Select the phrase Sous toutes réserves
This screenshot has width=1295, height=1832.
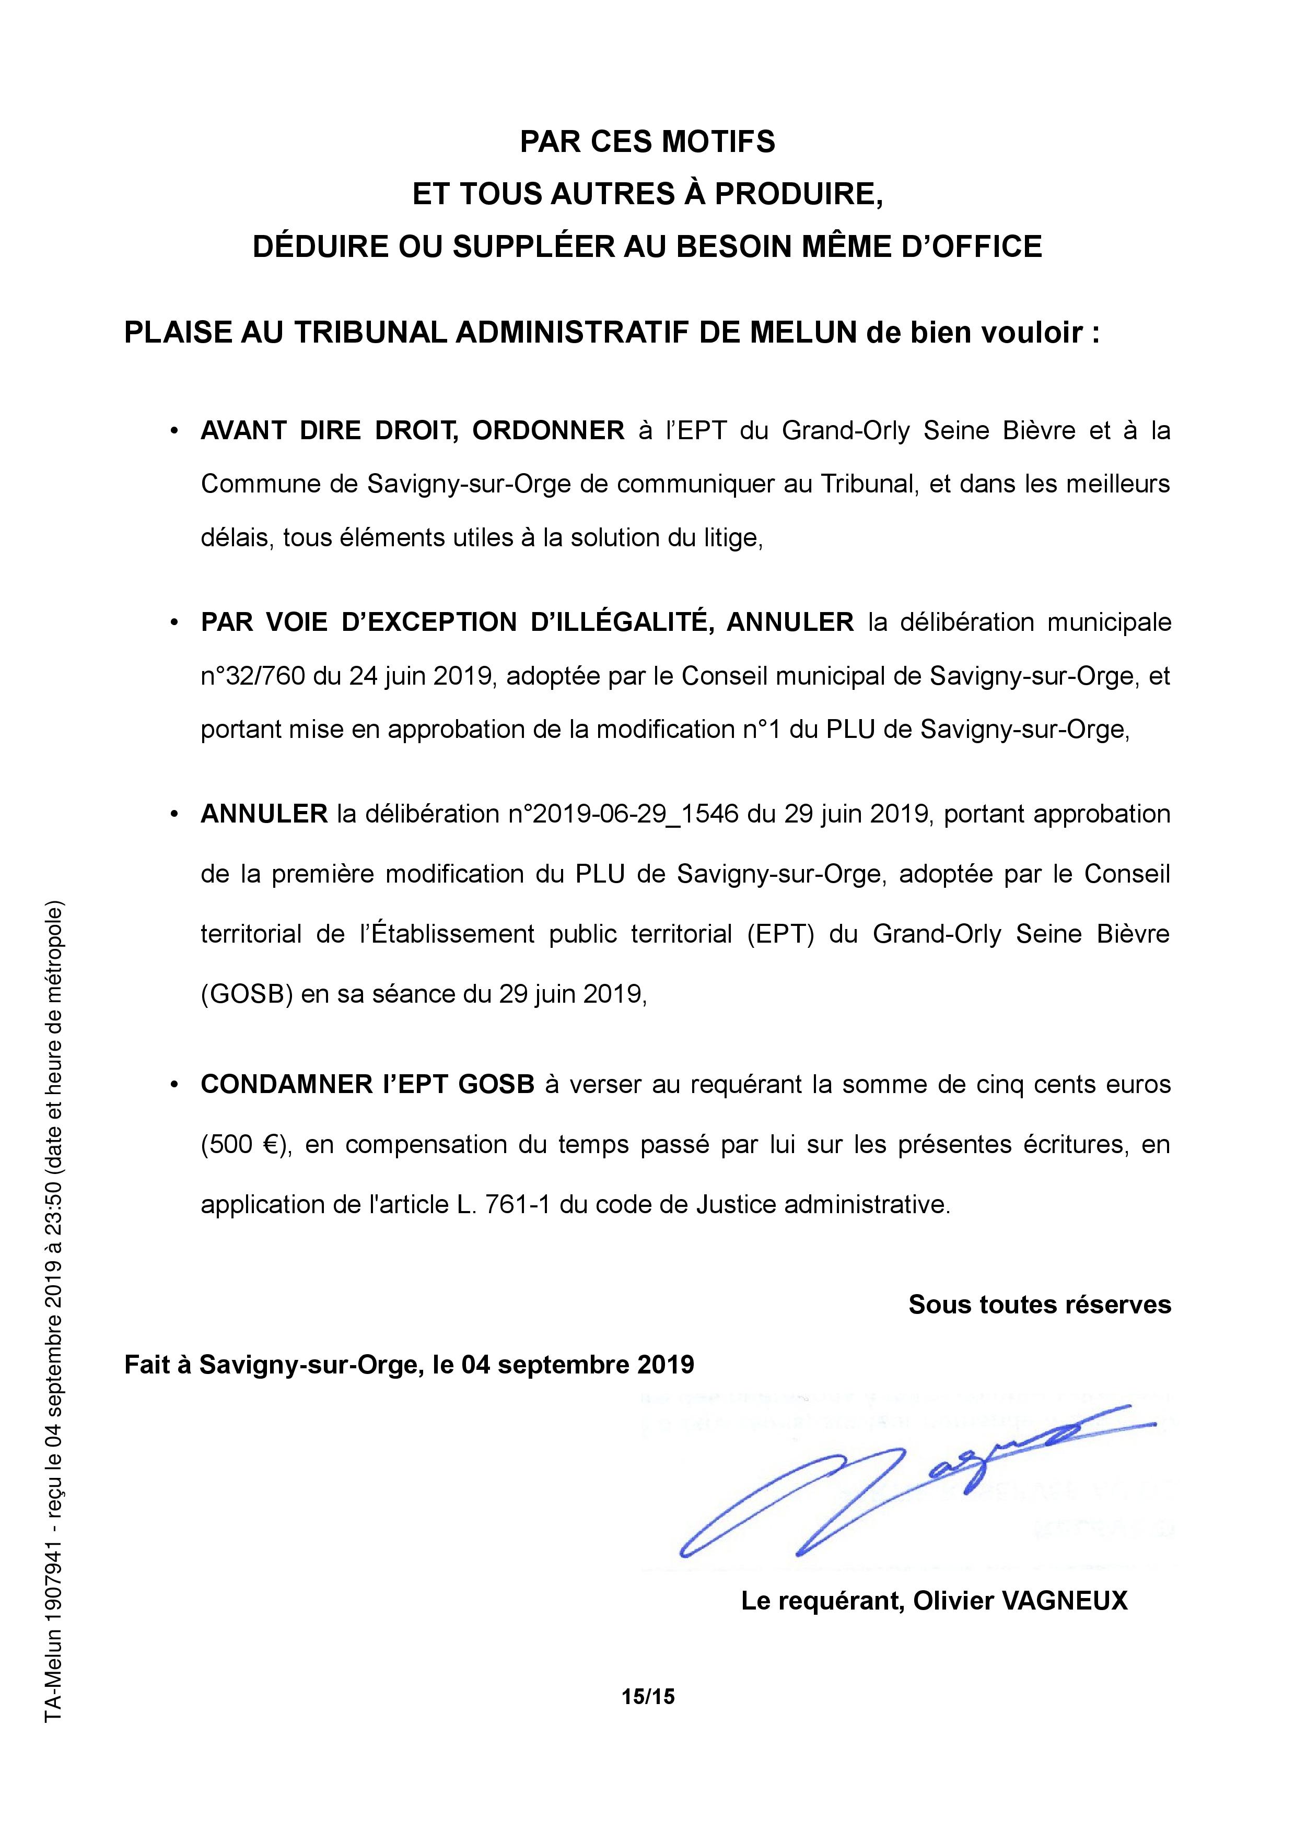(x=1039, y=1304)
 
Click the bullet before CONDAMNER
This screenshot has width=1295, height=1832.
(x=173, y=1086)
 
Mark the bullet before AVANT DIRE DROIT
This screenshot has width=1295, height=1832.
(x=173, y=432)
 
